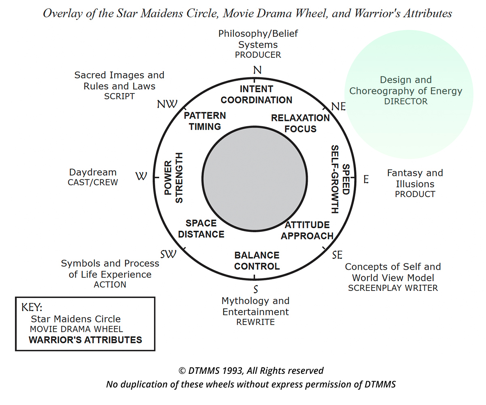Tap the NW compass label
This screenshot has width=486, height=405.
pos(167,104)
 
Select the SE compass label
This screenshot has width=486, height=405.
pos(337,255)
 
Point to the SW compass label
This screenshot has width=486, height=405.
pos(168,254)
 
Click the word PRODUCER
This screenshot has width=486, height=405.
pos(258,55)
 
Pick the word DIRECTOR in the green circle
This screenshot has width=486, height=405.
pos(405,102)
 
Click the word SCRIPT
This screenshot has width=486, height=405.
pos(119,96)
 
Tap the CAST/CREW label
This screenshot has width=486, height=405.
pos(93,182)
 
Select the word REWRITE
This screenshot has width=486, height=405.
pos(255,322)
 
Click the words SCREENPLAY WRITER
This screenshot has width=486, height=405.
pos(393,288)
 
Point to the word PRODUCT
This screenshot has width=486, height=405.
pos(415,194)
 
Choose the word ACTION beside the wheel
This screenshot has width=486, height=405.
pos(110,285)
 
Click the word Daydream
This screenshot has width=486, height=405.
pos(93,172)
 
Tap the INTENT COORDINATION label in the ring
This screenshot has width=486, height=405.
pos(257,94)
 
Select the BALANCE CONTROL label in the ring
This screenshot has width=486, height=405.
pos(257,261)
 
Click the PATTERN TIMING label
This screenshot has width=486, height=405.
pos(205,121)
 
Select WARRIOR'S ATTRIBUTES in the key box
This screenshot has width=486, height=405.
pos(85,339)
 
